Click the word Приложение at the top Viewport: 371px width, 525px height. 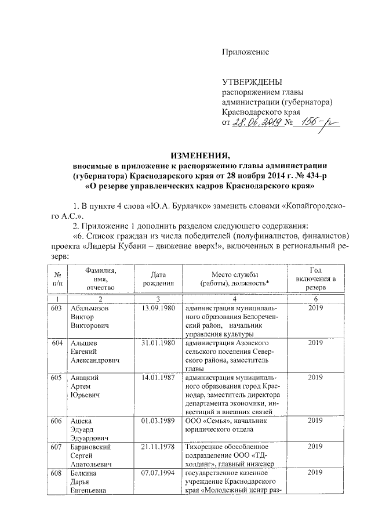(246, 52)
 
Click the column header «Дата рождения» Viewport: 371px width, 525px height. (154, 278)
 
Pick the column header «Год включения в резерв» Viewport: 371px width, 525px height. (316, 278)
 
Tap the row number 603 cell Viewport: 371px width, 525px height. (56, 308)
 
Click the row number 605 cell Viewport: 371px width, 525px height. (56, 378)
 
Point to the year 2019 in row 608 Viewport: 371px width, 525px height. (316, 473)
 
